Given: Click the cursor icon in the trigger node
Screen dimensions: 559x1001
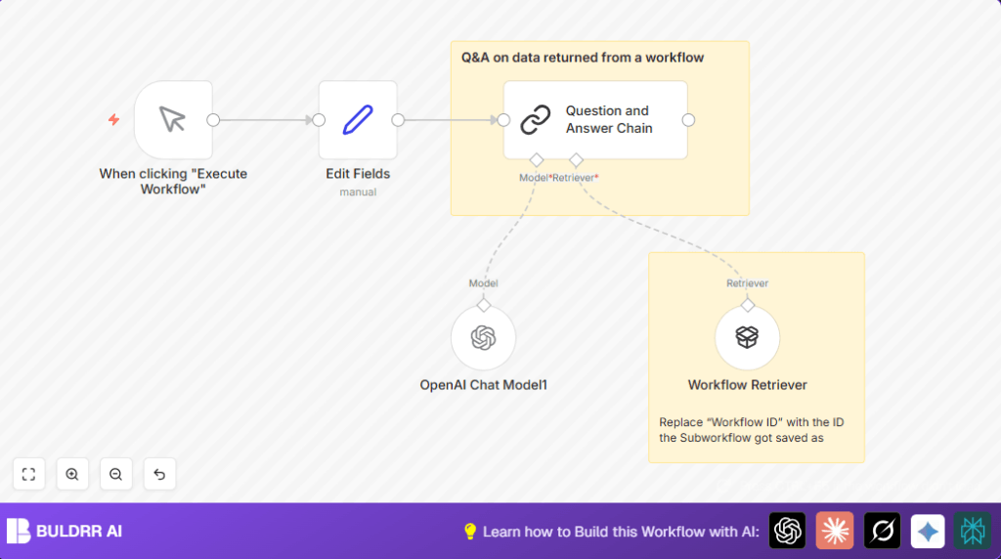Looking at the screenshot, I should tap(173, 120).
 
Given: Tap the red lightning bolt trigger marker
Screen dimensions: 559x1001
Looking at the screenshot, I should tap(113, 120).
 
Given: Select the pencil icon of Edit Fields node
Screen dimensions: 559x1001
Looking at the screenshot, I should tap(358, 120).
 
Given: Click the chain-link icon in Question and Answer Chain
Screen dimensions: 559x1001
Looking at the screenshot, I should tap(535, 120).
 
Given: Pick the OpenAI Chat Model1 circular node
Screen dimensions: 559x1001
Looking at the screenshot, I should tap(483, 338).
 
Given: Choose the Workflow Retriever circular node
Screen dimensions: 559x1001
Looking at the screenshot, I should tap(747, 338).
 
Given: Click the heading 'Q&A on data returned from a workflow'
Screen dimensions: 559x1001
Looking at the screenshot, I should tap(583, 58).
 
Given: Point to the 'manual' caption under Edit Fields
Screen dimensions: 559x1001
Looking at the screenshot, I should tap(358, 193).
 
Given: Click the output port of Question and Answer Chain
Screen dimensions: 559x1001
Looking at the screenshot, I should tap(688, 120).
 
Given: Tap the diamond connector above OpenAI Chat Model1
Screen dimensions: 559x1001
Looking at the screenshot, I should tap(483, 305).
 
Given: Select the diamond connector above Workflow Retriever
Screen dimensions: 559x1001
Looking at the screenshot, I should tap(747, 305).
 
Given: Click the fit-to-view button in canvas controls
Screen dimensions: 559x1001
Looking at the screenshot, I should tap(28, 474).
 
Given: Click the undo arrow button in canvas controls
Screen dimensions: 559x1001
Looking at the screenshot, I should tap(159, 474).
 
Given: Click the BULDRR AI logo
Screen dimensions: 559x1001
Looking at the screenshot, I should tap(65, 532).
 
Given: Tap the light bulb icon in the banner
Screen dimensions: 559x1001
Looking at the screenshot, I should tap(469, 532).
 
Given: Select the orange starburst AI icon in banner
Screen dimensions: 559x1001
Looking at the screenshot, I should tap(835, 531).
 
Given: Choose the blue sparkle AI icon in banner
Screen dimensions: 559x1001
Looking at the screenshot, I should tap(928, 531).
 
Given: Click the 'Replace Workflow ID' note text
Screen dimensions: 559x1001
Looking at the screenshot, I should tap(751, 430).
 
